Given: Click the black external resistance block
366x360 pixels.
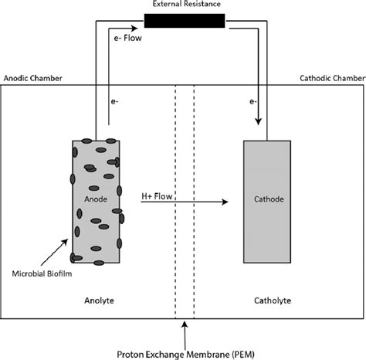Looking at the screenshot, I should [x=183, y=18].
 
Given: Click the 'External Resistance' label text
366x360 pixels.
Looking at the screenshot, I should [x=183, y=5].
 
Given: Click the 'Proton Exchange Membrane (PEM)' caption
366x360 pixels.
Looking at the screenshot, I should [x=183, y=352].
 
